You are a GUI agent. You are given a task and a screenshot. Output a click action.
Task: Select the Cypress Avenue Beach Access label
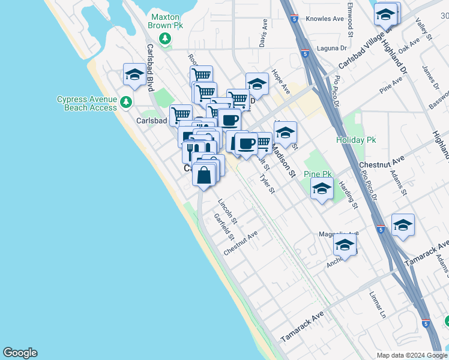click(86, 103)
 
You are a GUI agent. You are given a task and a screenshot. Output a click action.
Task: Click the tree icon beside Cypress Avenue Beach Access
click(125, 102)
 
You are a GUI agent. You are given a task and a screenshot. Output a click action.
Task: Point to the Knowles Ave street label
click(325, 19)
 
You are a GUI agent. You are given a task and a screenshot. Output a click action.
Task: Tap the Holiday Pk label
click(355, 140)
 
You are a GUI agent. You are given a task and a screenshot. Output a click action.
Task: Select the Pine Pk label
click(318, 174)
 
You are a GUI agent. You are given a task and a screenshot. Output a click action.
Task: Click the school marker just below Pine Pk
click(322, 190)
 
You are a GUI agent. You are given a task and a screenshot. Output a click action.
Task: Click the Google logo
click(20, 353)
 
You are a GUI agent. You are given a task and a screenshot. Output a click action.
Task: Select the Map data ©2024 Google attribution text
click(411, 355)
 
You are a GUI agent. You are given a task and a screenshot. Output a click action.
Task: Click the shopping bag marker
click(204, 175)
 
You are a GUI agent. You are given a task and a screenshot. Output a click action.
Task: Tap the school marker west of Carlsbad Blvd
click(134, 76)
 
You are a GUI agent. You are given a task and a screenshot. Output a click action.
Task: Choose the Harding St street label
click(348, 196)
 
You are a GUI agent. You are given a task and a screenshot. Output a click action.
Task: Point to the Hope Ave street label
click(281, 81)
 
